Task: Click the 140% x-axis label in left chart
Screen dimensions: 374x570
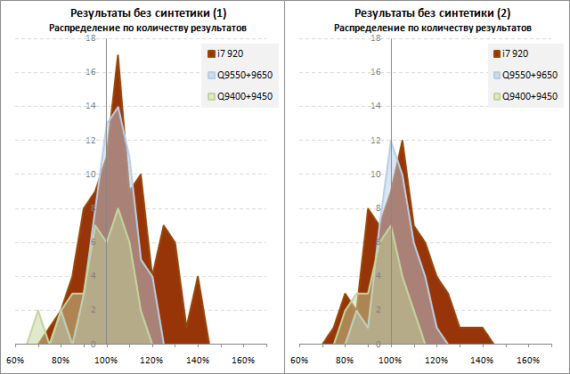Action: coord(197,361)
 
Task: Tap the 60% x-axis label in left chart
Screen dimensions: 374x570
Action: coord(15,361)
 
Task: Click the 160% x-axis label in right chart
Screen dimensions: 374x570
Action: coord(528,361)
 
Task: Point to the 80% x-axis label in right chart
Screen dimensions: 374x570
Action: coord(346,361)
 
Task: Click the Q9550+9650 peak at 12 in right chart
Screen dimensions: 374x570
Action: coord(391,140)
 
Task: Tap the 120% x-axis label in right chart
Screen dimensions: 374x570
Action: coord(436,361)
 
